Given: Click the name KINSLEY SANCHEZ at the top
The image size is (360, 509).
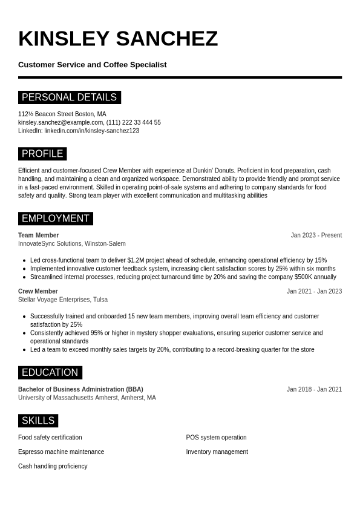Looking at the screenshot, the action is pos(118,39).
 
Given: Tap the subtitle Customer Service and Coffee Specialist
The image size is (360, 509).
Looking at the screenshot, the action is pos(92,65).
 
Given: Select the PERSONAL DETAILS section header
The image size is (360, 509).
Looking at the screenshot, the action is pos(69,97).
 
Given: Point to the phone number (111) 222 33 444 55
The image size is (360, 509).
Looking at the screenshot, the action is pos(134,122).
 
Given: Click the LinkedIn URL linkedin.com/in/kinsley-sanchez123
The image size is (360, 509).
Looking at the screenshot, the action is pos(91,131).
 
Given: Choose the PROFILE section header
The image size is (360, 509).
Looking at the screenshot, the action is pos(42,154).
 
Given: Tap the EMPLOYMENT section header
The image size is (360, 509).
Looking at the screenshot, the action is pos(55,218).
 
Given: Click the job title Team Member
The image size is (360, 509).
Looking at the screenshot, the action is pos(38,235).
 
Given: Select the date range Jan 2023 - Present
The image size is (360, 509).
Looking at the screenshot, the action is pos(316,235).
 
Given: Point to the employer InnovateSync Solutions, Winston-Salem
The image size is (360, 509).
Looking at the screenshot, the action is pos(72,244).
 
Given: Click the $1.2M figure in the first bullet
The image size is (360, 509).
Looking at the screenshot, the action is pos(137,260).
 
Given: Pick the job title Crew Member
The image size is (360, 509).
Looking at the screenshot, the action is pos(38,291).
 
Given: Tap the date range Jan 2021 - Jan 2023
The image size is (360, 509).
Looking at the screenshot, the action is pos(314,291).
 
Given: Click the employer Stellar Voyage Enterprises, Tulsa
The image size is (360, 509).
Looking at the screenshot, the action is pos(63,300).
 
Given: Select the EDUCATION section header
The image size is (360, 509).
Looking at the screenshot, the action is pos(50,373).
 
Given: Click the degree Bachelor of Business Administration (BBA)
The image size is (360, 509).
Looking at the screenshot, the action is pos(80,389).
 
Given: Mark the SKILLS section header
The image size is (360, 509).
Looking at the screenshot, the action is pos(38,421).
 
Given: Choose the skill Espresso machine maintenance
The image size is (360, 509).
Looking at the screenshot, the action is pos(61,452).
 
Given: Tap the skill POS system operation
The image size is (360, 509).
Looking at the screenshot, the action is pos(216,438).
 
